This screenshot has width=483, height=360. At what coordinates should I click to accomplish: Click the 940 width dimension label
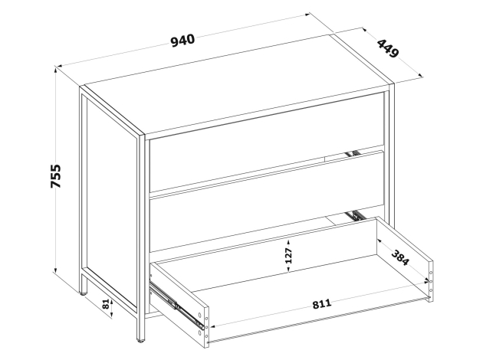[x=183, y=41]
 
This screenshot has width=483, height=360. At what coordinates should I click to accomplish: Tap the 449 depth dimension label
[x=388, y=48]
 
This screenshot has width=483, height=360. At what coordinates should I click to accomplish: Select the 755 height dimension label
[x=56, y=176]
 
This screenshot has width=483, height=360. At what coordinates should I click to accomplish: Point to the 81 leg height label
[x=106, y=305]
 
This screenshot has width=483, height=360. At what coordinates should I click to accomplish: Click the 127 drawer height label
[x=288, y=255]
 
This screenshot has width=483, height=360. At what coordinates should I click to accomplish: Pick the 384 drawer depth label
[x=400, y=257]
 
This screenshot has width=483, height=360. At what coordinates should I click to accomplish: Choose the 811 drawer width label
[x=322, y=303]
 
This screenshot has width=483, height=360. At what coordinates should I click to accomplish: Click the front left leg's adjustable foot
[x=141, y=340]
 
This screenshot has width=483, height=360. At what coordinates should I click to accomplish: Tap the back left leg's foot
[x=84, y=293]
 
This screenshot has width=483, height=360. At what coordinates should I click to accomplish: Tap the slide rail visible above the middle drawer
[x=353, y=153]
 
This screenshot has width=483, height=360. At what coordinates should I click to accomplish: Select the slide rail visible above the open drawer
[x=356, y=216]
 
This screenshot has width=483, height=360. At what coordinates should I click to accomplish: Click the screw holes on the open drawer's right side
[x=431, y=281]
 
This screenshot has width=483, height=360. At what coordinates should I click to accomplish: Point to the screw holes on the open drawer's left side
[x=203, y=325]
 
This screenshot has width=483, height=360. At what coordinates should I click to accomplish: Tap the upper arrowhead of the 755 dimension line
[x=56, y=70]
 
